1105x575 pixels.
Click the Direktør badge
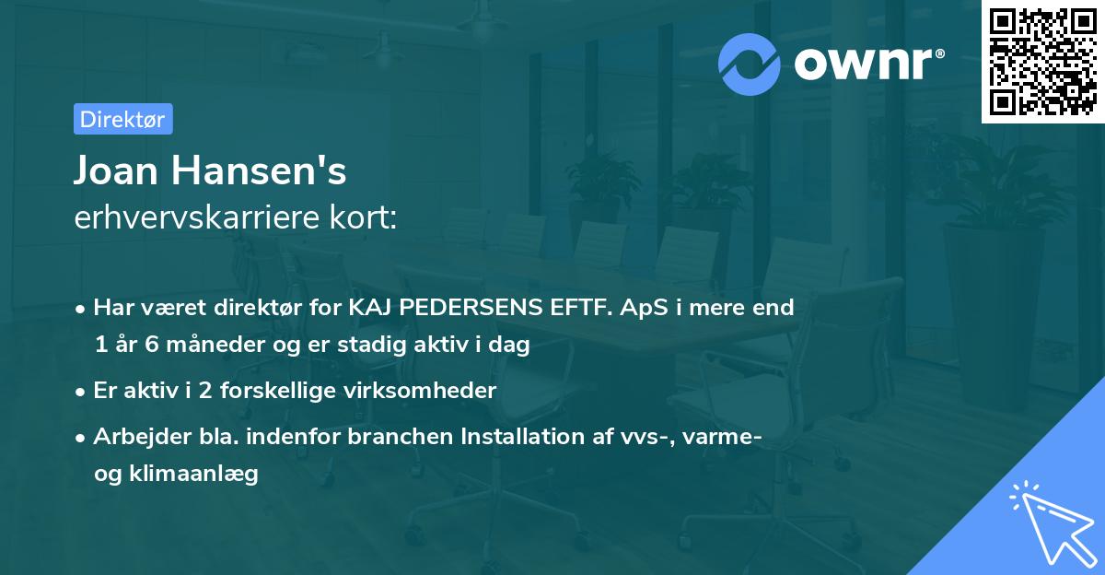click(x=122, y=119)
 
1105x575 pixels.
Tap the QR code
click(x=1042, y=62)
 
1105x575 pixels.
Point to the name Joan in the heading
click(x=118, y=171)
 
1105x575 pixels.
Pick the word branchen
click(x=400, y=437)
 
